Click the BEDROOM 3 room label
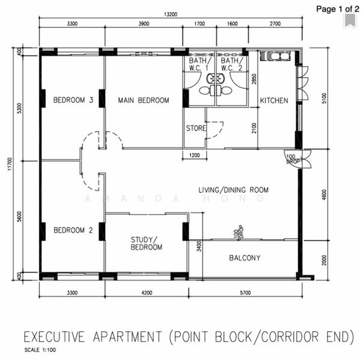coord(73,100)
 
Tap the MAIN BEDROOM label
coord(144,100)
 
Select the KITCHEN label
coord(274,101)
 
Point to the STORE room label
coord(196,128)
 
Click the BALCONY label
coord(244,258)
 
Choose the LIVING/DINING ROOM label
coord(234,190)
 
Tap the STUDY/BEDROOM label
coord(147,244)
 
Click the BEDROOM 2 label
coord(73,230)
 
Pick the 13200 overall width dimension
coord(171,14)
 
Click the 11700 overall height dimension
coord(10,164)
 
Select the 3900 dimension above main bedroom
coord(144,23)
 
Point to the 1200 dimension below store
coord(195,155)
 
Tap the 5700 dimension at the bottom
coord(246,293)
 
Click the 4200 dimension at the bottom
coord(147,293)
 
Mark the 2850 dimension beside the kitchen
coord(254,79)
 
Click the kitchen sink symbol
coord(275,56)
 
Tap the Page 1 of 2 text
coord(338,9)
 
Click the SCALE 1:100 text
coord(40,350)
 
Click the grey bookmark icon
coord(350,21)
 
